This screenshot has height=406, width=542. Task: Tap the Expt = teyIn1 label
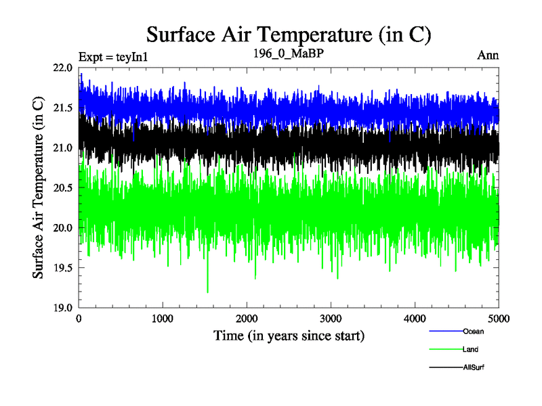coord(113,56)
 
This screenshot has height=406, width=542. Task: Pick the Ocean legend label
coord(473,332)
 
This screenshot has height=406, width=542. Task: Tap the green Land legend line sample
coord(445,350)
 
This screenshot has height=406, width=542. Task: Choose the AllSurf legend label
coord(474,367)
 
